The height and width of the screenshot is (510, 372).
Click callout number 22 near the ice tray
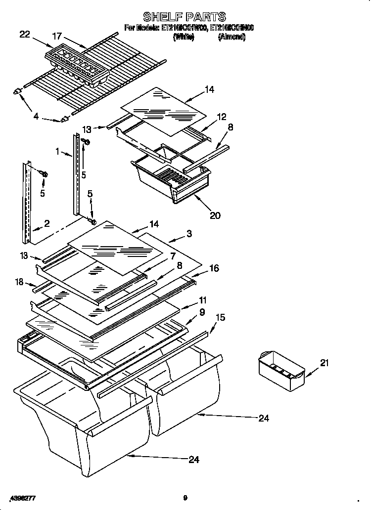(x=25, y=34)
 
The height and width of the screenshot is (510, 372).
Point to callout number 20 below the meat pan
(x=215, y=215)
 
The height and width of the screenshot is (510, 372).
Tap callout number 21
(x=324, y=363)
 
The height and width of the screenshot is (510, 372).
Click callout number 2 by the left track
(x=46, y=224)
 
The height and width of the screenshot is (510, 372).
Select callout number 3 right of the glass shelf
(x=189, y=233)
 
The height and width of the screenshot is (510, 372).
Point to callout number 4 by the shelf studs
(x=36, y=117)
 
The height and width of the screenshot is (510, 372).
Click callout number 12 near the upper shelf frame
(x=221, y=117)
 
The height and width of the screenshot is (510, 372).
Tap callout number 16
(x=214, y=268)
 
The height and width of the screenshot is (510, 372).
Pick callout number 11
(x=202, y=300)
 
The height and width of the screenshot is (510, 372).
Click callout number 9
(x=202, y=312)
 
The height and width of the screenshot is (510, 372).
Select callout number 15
(x=220, y=318)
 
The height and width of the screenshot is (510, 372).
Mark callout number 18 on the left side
(x=19, y=282)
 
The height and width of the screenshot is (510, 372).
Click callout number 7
(x=172, y=255)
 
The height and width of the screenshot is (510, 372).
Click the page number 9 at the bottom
(x=185, y=498)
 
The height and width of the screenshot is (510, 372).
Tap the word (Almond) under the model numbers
(x=232, y=37)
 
